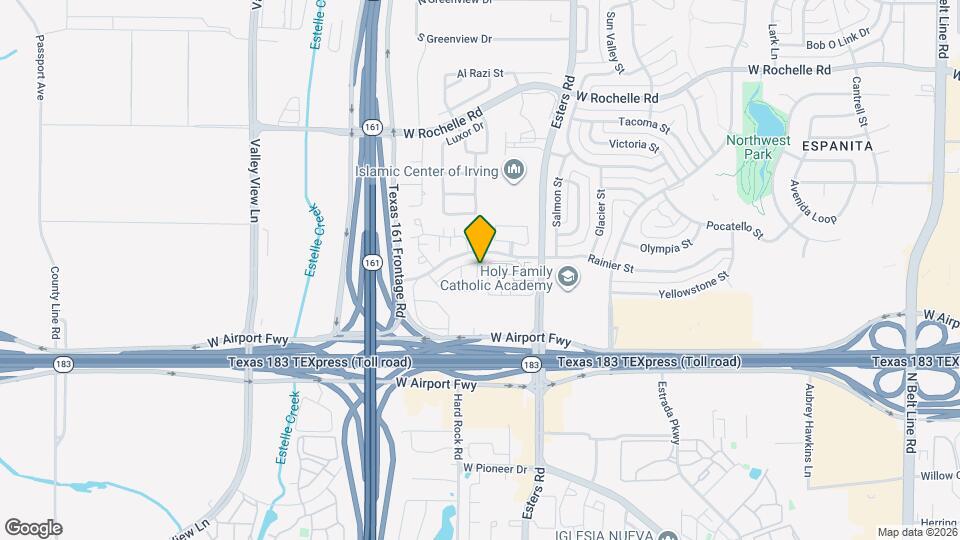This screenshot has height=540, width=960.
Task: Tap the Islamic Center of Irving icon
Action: (x=515, y=171)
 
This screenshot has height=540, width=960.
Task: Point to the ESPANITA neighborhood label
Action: (x=838, y=146)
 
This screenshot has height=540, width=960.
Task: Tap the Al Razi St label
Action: (x=479, y=74)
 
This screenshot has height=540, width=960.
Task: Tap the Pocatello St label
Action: (x=734, y=230)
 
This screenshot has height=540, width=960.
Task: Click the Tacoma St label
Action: (x=645, y=124)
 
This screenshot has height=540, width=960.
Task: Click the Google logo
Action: (x=33, y=528)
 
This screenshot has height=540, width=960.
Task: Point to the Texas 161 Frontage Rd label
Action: (x=396, y=250)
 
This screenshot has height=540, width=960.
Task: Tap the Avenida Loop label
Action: (x=812, y=205)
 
